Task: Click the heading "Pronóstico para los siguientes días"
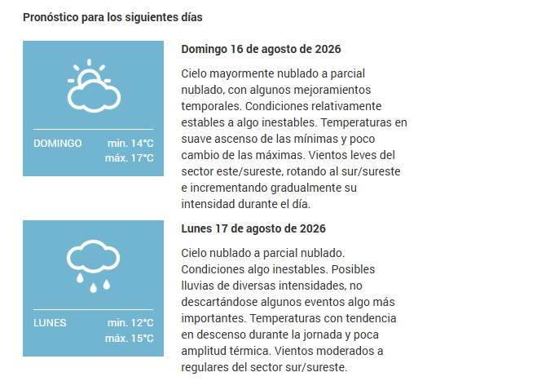112,17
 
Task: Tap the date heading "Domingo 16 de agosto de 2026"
261,49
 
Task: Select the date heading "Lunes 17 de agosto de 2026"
253,228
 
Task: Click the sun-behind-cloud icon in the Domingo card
94,86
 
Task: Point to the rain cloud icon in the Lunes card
93,266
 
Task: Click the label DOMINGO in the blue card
58,144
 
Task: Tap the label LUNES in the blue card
50,323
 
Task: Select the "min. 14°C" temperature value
130,144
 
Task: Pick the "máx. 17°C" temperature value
130,158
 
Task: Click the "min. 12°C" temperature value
130,323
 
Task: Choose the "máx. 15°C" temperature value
130,339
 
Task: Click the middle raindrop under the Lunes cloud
93,287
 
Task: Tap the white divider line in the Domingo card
93,129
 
